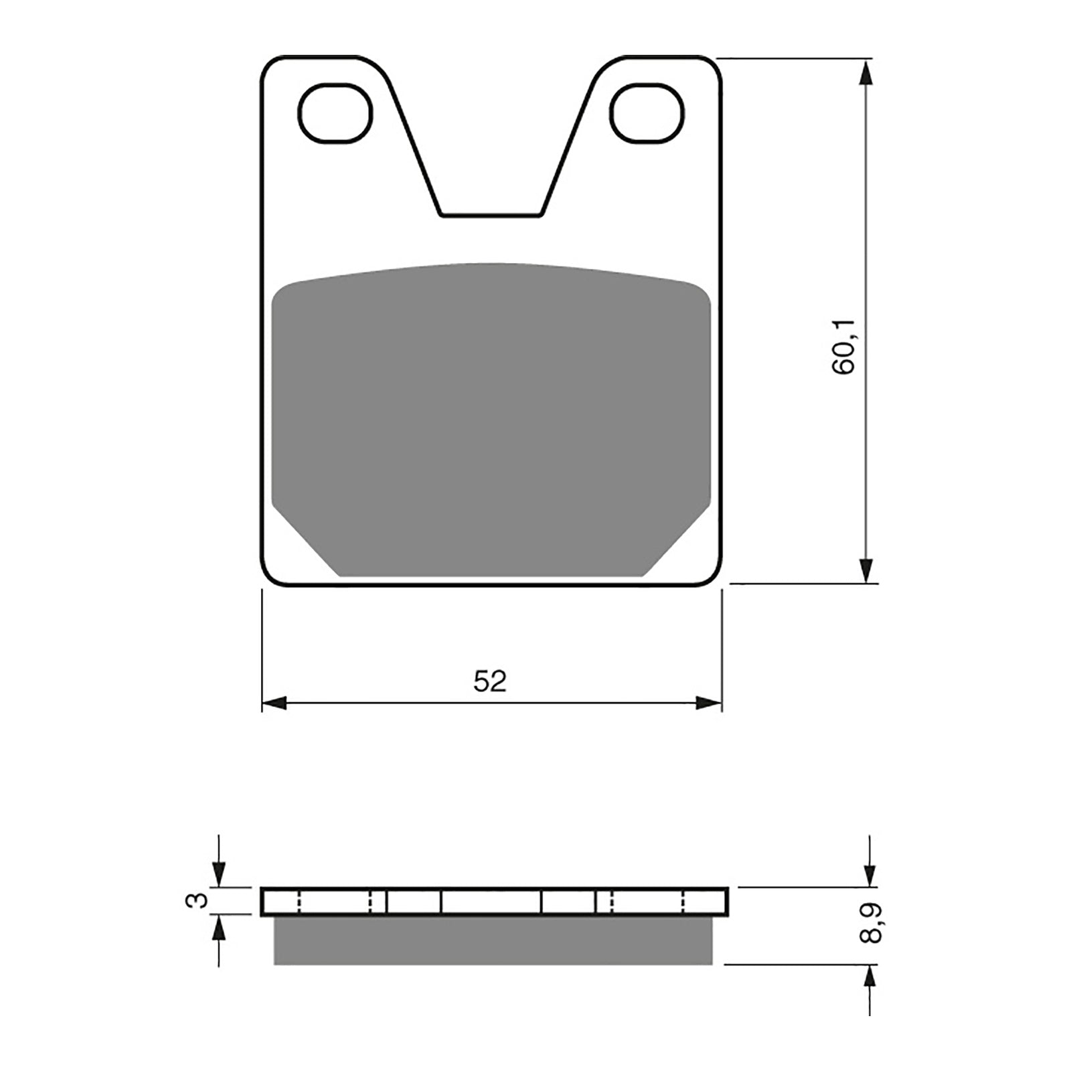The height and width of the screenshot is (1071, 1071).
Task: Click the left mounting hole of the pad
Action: pyautogui.click(x=335, y=113)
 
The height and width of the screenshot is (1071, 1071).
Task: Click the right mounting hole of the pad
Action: pyautogui.click(x=648, y=113)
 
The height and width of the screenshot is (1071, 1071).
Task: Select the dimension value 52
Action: pyautogui.click(x=491, y=681)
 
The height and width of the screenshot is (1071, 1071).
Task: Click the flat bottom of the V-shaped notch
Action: pyautogui.click(x=491, y=215)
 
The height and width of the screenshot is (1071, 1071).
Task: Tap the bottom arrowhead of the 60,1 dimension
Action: pyautogui.click(x=867, y=569)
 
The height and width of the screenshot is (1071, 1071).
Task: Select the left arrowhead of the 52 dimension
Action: pyautogui.click(x=274, y=703)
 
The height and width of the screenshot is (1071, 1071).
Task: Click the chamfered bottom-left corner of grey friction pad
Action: pyautogui.click(x=305, y=544)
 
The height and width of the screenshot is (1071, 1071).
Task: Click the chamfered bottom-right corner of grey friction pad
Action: pyautogui.click(x=677, y=544)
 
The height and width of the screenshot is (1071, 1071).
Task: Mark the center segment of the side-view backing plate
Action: pyautogui.click(x=491, y=902)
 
